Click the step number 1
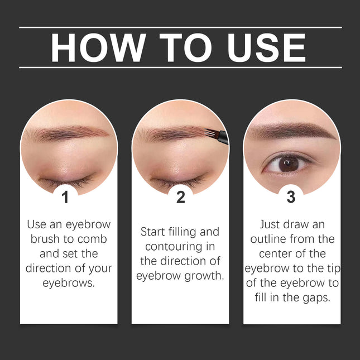pyautogui.click(x=65, y=197)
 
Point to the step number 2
pyautogui.click(x=180, y=197)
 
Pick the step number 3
pyautogui.click(x=291, y=197)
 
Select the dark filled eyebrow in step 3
pyautogui.click(x=290, y=132)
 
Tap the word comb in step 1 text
pyautogui.click(x=93, y=239)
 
